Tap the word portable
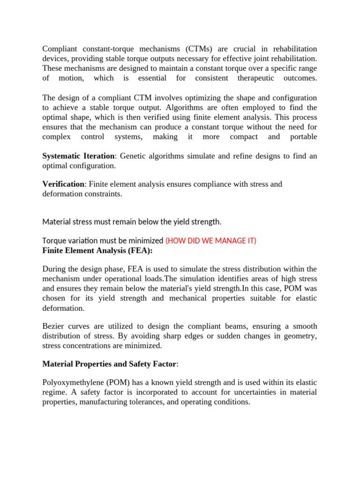tap(302, 136)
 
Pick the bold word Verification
tap(63, 184)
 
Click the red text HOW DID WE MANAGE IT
tap(211, 241)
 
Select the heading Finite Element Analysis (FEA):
tap(97, 250)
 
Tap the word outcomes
tap(300, 78)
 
